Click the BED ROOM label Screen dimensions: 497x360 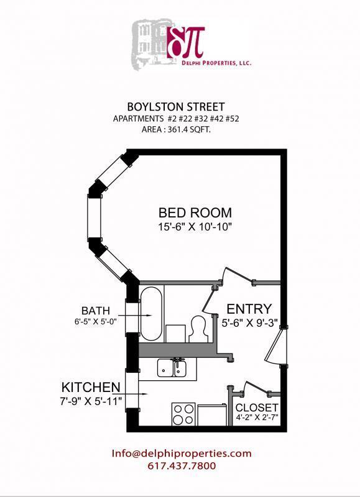pyautogui.click(x=195, y=212)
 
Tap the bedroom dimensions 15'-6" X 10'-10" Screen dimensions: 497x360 pyautogui.click(x=195, y=227)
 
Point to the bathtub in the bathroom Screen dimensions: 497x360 pyautogui.click(x=151, y=313)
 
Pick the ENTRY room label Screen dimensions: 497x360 pyautogui.click(x=249, y=309)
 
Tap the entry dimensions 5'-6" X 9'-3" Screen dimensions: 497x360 pyautogui.click(x=250, y=323)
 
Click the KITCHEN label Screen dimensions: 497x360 pyautogui.click(x=90, y=387)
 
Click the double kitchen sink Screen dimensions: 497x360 pyautogui.click(x=173, y=368)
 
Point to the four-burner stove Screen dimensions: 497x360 pyautogui.click(x=183, y=414)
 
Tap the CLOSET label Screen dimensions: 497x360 pyautogui.click(x=256, y=408)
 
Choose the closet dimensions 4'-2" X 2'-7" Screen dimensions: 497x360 pyautogui.click(x=256, y=418)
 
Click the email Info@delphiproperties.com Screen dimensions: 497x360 pyautogui.click(x=182, y=454)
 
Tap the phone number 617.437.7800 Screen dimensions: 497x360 pyautogui.click(x=182, y=466)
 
